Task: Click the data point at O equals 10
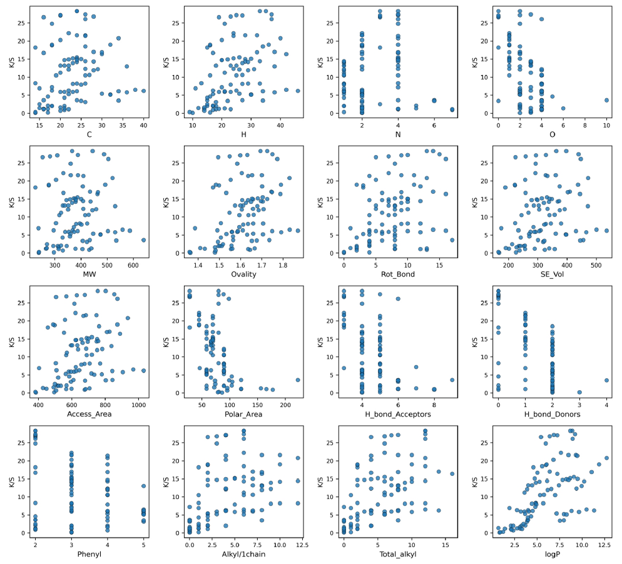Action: (606, 100)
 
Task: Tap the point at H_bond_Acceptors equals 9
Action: (452, 380)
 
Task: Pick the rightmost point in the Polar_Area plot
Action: (298, 380)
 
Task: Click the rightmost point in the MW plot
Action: (143, 239)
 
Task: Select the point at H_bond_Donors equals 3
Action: (579, 392)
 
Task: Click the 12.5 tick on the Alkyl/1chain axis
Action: (298, 543)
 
